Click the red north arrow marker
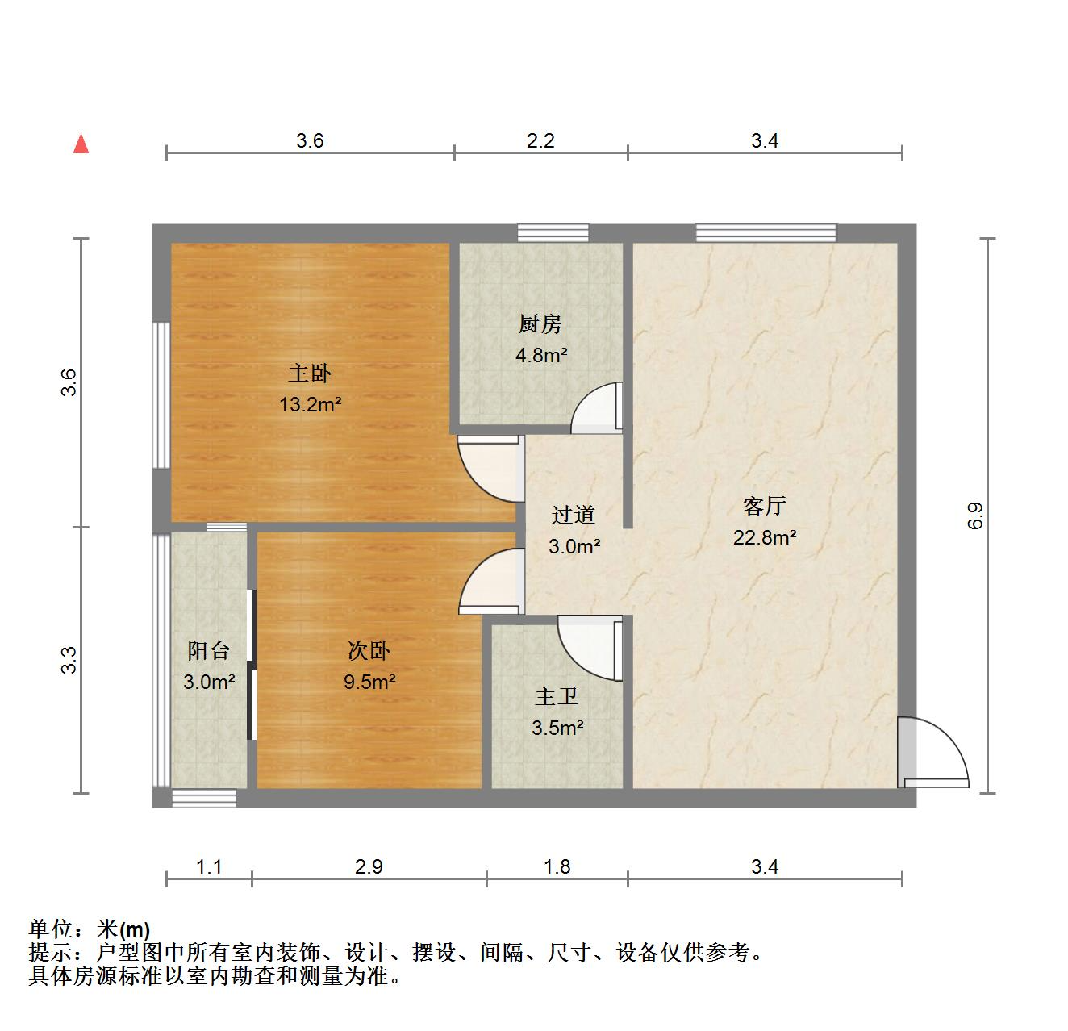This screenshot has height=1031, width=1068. click(x=81, y=144)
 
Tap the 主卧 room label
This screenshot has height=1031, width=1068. click(x=311, y=374)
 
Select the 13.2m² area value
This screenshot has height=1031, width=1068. click(x=311, y=405)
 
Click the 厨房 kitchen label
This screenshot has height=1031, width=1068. click(x=540, y=324)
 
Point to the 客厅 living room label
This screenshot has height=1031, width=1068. click(x=764, y=507)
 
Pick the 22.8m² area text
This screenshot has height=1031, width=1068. click(x=765, y=537)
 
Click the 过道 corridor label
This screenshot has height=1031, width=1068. click(x=574, y=515)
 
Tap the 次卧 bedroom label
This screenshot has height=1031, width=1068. click(x=369, y=651)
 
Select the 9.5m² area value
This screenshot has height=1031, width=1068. click(x=369, y=682)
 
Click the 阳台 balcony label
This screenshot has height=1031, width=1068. click(x=209, y=651)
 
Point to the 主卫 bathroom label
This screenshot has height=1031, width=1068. click(x=557, y=696)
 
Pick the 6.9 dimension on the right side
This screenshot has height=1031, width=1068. click(x=975, y=515)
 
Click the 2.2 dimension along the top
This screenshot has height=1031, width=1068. click(x=540, y=141)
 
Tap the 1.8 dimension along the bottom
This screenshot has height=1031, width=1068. click(x=557, y=867)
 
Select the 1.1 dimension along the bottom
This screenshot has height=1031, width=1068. click(x=209, y=867)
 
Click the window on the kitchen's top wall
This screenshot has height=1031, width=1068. click(x=553, y=233)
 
